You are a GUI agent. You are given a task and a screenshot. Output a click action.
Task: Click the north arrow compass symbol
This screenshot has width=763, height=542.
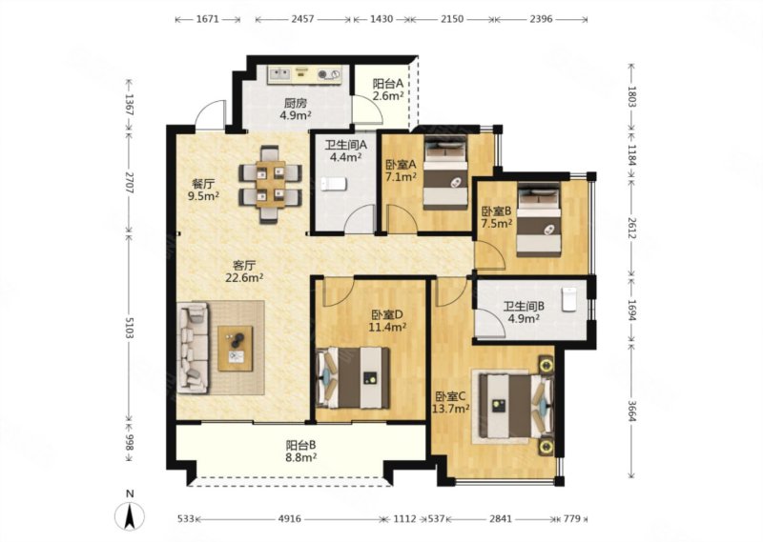(x=129, y=516)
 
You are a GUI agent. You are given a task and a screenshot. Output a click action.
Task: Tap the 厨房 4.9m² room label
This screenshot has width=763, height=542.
(x=296, y=109)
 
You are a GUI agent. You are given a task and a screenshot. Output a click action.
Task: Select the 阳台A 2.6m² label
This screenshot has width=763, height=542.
(x=388, y=90)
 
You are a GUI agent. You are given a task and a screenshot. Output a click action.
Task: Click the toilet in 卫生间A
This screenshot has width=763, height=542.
(x=334, y=184)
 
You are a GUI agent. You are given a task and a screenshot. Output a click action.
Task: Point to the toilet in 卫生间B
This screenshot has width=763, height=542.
(x=568, y=299)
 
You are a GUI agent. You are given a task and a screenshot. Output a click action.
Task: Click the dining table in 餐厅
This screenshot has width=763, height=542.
(x=271, y=184)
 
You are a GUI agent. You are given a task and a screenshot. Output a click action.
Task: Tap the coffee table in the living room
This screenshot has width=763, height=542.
(x=235, y=349)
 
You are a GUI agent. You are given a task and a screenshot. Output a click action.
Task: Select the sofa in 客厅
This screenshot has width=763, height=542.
(x=194, y=348)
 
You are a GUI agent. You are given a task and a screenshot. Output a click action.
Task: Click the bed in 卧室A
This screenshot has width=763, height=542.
(x=445, y=172)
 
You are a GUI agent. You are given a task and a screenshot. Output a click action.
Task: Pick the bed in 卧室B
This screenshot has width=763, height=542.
(x=538, y=220)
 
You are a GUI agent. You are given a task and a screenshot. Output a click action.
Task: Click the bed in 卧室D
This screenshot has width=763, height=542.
(x=354, y=377)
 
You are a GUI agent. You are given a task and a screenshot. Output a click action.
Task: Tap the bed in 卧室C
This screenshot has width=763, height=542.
(x=516, y=407)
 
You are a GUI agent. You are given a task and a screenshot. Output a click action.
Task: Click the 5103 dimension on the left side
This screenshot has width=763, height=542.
(x=129, y=327)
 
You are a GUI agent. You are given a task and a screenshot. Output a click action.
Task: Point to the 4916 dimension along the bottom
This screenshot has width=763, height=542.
(x=290, y=519)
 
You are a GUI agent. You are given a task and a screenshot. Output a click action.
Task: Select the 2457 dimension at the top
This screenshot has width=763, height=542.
(x=302, y=19)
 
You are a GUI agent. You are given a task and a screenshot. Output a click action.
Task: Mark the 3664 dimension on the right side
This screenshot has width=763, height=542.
(x=631, y=412)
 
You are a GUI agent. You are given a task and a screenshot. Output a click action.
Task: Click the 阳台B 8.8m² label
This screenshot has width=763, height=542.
(x=301, y=451)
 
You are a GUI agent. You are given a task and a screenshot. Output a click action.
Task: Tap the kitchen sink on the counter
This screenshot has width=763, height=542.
(x=280, y=74)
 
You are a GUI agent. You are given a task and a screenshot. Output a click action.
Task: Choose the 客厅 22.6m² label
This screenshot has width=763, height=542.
(x=244, y=271)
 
